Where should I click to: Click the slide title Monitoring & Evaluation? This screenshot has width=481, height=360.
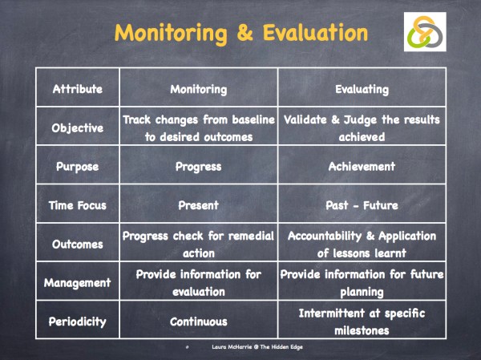click(241, 34)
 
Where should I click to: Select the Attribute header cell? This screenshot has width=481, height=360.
click(78, 89)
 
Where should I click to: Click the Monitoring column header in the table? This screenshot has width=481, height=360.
click(199, 89)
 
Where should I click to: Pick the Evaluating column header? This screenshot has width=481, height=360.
click(362, 89)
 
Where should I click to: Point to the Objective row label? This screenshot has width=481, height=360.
click(78, 127)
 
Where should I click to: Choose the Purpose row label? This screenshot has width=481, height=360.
click(78, 167)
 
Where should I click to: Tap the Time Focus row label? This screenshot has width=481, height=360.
click(78, 205)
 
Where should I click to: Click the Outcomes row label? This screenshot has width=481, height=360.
click(78, 244)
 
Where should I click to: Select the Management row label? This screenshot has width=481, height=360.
click(78, 282)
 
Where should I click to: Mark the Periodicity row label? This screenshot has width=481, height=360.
click(78, 322)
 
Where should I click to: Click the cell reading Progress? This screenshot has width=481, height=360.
click(199, 167)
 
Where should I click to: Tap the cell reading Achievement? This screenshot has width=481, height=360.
click(362, 167)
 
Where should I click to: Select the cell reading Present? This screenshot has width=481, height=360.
click(199, 205)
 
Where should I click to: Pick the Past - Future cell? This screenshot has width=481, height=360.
click(362, 205)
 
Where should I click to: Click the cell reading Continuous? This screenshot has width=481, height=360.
click(199, 322)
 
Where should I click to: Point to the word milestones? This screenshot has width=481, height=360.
click(362, 330)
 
